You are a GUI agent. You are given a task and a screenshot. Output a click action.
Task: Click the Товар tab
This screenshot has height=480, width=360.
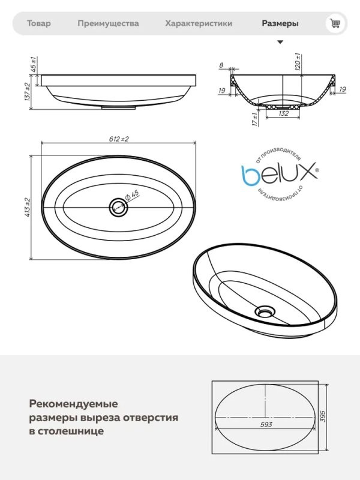(39, 23)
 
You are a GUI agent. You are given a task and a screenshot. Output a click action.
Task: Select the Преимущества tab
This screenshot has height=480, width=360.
(108, 23)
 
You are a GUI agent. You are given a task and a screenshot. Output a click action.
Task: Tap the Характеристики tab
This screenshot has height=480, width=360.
(199, 23)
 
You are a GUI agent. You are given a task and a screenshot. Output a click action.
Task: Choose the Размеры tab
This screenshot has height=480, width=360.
(280, 23)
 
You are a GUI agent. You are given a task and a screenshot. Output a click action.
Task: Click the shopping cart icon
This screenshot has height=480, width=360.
(335, 23)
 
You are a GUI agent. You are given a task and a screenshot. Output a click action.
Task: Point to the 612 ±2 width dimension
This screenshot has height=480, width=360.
(119, 139)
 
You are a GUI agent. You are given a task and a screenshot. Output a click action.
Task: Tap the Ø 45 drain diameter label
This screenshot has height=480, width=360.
(133, 196)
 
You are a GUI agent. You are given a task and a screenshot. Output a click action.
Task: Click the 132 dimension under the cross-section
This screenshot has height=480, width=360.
(284, 113)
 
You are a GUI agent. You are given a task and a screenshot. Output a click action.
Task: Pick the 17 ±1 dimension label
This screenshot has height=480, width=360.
(254, 119)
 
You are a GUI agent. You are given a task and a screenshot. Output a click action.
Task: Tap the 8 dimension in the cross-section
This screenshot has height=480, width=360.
(221, 65)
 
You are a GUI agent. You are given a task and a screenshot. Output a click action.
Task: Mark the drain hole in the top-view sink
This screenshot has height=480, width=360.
(118, 208)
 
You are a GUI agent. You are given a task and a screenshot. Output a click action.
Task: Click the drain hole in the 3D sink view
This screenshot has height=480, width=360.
(263, 311)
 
